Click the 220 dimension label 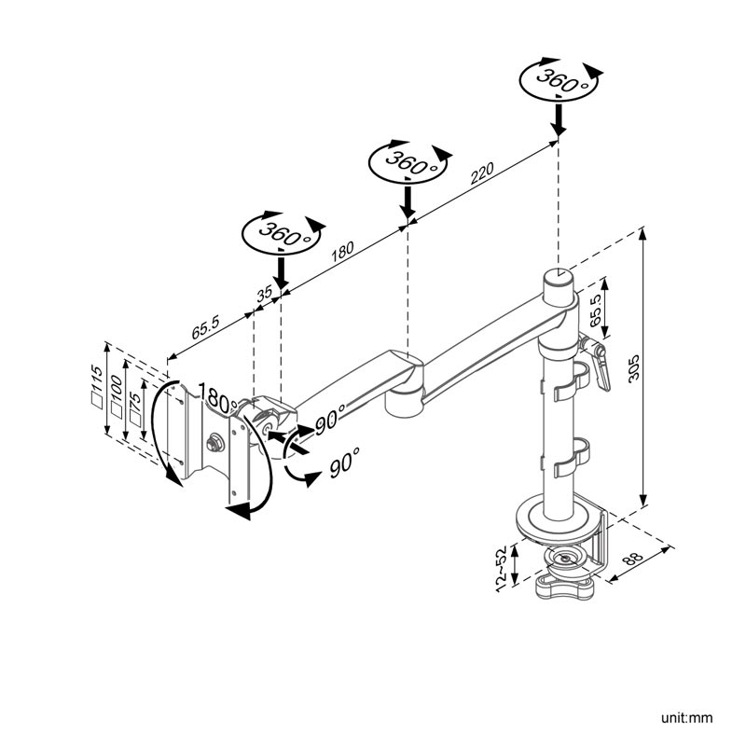[482, 173]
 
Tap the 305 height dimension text [635, 367]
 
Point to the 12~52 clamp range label [501, 569]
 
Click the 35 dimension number [264, 293]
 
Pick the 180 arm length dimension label [342, 252]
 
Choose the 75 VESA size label [135, 408]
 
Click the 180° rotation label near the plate [216, 398]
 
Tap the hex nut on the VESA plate [214, 443]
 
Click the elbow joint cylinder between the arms [404, 390]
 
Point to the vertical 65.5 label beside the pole [595, 310]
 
